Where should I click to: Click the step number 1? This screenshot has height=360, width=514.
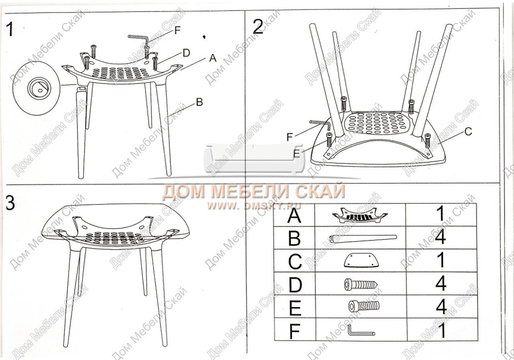(x=10, y=29)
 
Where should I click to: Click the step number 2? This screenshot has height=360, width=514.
(x=258, y=27)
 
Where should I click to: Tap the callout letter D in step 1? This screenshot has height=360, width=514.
(x=186, y=53)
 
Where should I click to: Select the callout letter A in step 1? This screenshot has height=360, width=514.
(x=213, y=58)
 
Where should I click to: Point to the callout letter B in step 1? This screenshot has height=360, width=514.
(x=200, y=102)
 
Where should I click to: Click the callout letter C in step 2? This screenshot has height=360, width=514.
(x=468, y=131)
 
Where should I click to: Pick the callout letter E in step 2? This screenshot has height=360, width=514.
(x=297, y=153)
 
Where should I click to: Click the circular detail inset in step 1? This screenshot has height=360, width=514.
(x=36, y=88)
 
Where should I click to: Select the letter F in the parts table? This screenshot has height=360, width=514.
(x=295, y=331)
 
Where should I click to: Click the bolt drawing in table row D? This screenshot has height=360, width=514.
(x=361, y=284)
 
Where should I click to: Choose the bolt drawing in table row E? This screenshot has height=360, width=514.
(x=364, y=306)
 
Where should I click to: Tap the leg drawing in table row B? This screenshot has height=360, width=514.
(x=363, y=238)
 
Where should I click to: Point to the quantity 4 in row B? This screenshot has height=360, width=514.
(x=441, y=237)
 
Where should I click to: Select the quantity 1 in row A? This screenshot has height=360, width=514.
(x=441, y=214)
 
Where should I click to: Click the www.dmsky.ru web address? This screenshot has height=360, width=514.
(x=254, y=205)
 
